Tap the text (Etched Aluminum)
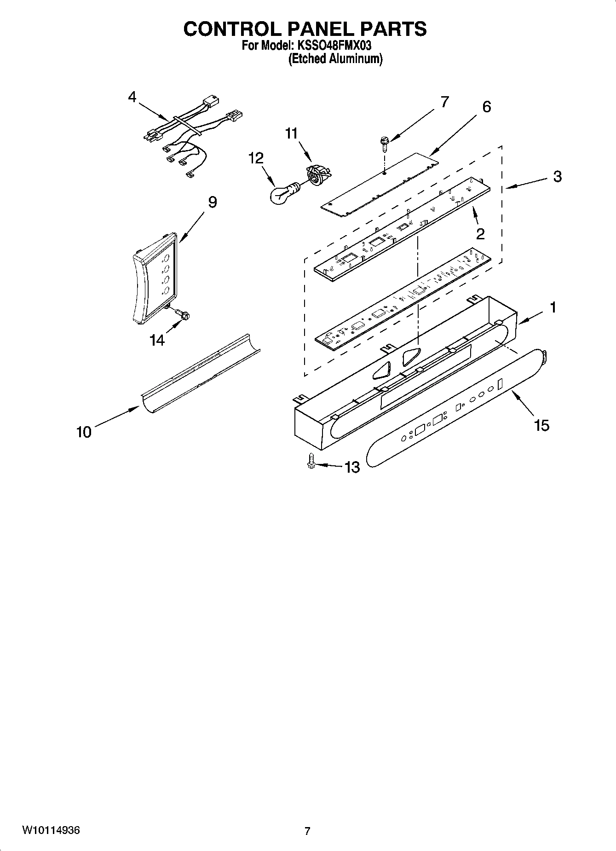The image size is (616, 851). point(335,59)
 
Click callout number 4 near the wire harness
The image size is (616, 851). point(132,97)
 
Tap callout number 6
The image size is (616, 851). point(486,106)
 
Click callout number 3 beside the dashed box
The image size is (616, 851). point(557,176)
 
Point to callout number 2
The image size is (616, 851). point(480,234)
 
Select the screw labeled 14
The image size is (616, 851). point(184,315)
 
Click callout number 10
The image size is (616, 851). point(84,432)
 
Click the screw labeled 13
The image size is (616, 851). point(311,462)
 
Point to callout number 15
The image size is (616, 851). point(541,425)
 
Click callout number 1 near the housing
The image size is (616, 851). point(553,307)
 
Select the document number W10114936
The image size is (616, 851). point(51,830)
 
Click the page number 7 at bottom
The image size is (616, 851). point(307,831)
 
